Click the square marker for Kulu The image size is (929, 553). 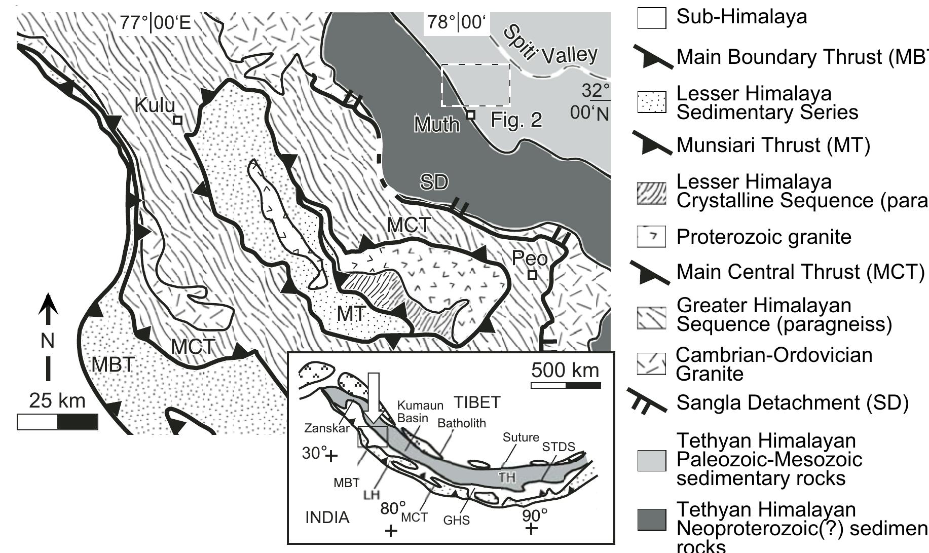[x=177, y=120]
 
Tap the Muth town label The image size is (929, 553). [x=436, y=124]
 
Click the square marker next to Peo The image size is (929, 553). [x=532, y=275]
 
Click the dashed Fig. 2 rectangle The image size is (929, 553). [x=475, y=85]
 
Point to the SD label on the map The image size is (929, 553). [x=434, y=181]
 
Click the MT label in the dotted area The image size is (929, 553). [x=351, y=314]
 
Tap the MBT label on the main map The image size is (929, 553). [x=113, y=364]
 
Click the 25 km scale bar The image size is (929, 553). [x=57, y=422]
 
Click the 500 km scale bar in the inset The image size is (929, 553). [x=566, y=386]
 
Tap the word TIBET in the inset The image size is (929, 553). [x=477, y=402]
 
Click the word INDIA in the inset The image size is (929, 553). [x=327, y=518]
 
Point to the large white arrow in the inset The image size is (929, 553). [x=374, y=398]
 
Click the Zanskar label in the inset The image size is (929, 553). [x=327, y=428]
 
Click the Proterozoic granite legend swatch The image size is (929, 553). [x=651, y=237]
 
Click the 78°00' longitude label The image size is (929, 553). [x=456, y=23]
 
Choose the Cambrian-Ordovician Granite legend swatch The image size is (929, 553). [x=651, y=364]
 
